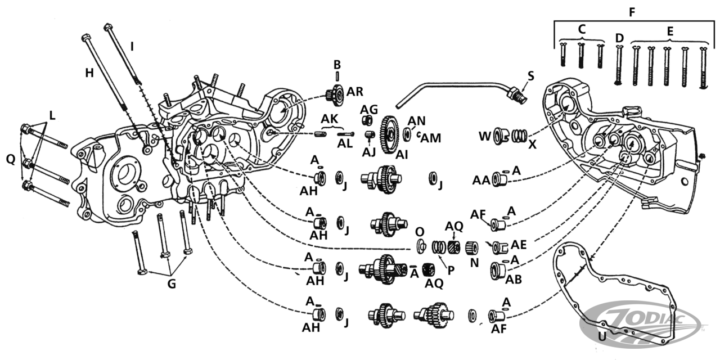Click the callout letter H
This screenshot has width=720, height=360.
88,73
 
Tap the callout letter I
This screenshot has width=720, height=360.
132,47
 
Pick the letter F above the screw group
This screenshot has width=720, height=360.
633,11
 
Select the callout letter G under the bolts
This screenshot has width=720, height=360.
172,283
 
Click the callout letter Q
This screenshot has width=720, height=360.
10,159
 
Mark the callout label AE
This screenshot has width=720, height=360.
518,245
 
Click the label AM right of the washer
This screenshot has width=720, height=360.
430,138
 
